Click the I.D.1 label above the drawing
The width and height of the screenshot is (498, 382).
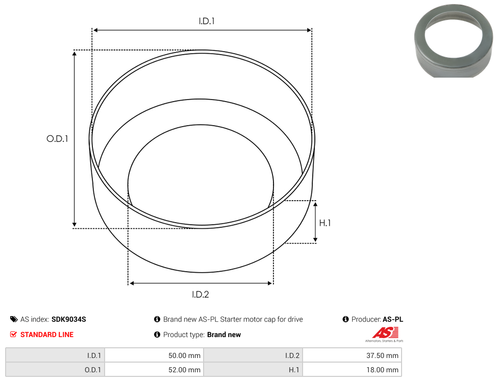[x=207, y=21]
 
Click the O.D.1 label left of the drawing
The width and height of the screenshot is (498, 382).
[x=57, y=138]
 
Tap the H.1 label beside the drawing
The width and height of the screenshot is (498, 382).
[x=325, y=223]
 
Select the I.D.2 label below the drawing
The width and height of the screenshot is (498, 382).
[x=201, y=294]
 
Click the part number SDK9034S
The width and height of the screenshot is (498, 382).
[x=68, y=319]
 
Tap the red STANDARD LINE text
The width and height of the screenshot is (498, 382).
[x=47, y=335]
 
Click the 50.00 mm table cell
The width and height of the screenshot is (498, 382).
[x=155, y=355]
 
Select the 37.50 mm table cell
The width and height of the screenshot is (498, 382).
[x=352, y=355]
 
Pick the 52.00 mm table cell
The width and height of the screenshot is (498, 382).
[x=155, y=370]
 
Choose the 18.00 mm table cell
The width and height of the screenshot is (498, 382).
[x=352, y=370]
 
